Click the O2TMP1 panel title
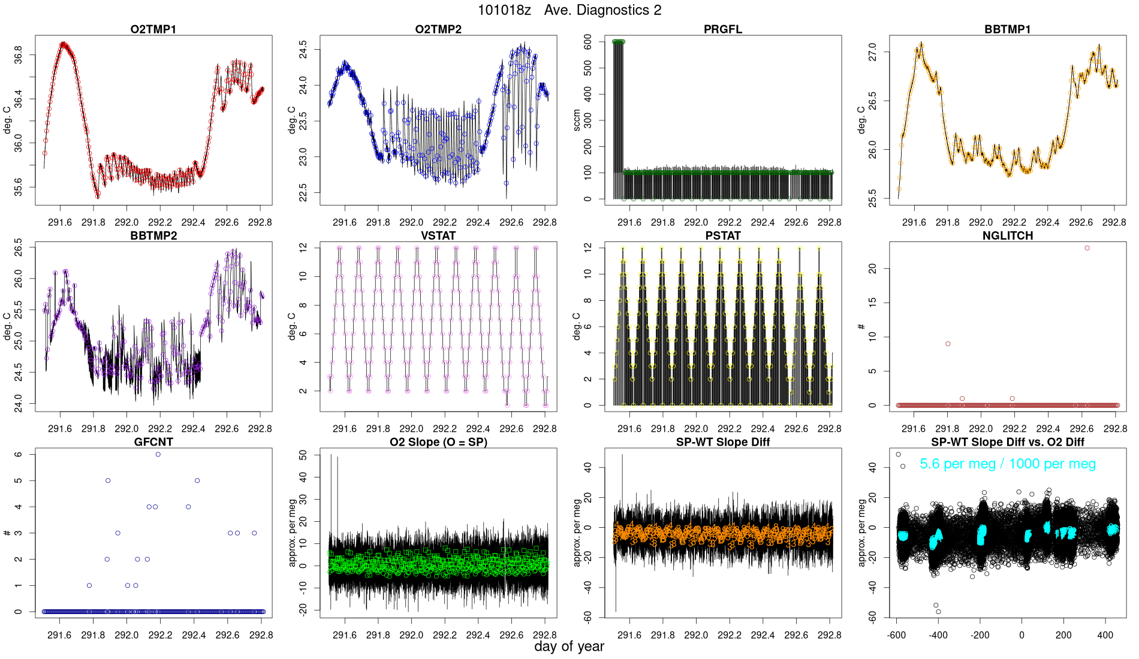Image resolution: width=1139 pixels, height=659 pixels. pos(153,29)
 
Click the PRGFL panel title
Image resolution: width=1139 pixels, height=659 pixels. pos(723,29)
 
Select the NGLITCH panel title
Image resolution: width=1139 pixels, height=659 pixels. pos(1008,236)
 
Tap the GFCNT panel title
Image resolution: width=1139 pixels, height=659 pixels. pos(153,442)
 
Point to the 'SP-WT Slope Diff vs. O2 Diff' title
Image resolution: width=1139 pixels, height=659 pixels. pos(1008,442)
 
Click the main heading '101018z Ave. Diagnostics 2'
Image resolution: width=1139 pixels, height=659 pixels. pos(569,10)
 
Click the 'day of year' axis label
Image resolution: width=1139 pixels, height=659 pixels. pos(569,646)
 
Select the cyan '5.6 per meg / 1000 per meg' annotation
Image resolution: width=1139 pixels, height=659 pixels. pos(1008,464)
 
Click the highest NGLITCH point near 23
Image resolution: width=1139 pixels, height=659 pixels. pos(1087,248)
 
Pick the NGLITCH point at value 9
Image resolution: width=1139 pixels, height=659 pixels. pos(948,344)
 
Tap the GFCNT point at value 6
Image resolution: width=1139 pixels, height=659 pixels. pos(158,455)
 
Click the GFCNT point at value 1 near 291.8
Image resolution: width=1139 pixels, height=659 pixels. pos(89,585)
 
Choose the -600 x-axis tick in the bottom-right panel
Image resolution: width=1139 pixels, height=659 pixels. pos(897,635)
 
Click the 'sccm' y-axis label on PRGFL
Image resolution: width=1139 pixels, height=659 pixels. pos(577,120)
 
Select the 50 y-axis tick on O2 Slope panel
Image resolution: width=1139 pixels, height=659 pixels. pos(303,455)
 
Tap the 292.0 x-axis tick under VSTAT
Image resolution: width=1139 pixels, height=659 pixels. pos(411,429)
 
